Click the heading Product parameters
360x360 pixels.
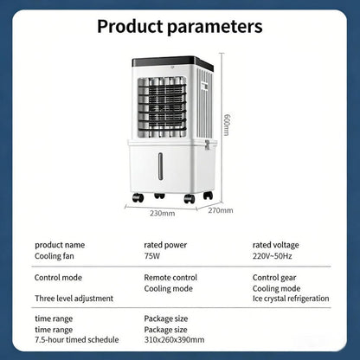180,27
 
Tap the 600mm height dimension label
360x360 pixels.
228,125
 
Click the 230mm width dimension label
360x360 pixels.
162,214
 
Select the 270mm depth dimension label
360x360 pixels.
221,210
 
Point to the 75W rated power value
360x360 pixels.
152,256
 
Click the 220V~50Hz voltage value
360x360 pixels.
273,256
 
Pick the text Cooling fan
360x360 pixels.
55,256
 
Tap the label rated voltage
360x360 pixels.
276,245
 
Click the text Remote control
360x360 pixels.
170,278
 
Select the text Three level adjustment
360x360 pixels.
74,299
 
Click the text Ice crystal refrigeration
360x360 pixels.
291,299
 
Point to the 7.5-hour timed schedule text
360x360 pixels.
77,339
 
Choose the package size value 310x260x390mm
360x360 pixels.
174,339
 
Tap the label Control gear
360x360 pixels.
274,278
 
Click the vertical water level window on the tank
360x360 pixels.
160,166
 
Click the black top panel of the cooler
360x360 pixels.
172,62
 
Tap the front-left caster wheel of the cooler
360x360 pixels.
138,197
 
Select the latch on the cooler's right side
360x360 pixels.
207,145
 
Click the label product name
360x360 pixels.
60,245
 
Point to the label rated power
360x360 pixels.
165,245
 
